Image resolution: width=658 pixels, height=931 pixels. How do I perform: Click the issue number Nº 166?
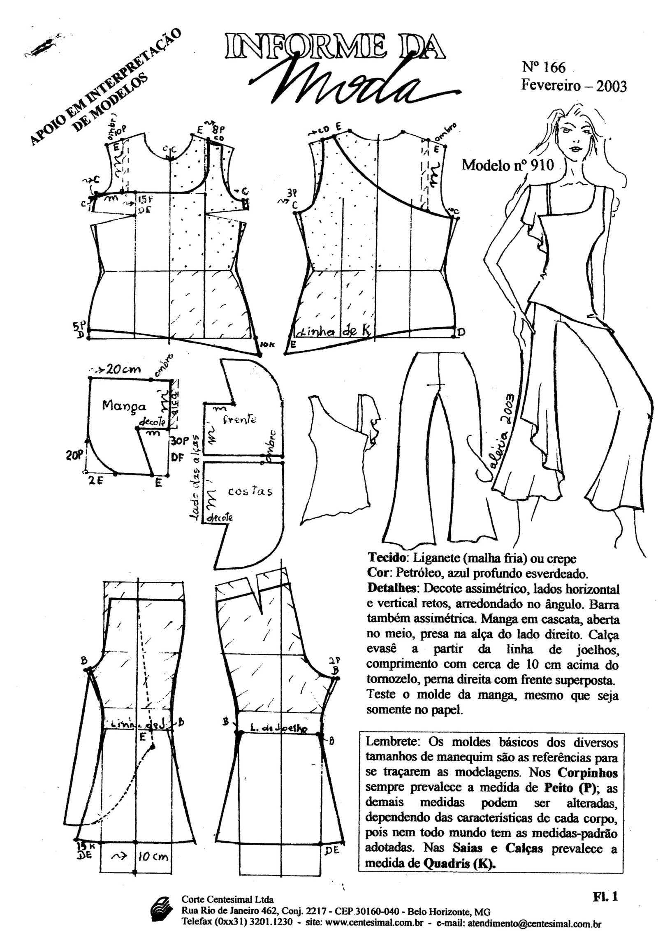tap(544, 67)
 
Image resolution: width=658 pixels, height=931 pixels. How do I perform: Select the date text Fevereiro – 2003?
tap(574, 86)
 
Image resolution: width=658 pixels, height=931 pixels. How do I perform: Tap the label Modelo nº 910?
tap(507, 165)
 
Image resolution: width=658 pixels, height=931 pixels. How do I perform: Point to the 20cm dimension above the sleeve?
tap(122, 369)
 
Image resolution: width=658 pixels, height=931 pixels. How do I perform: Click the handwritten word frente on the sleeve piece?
tap(239, 419)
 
